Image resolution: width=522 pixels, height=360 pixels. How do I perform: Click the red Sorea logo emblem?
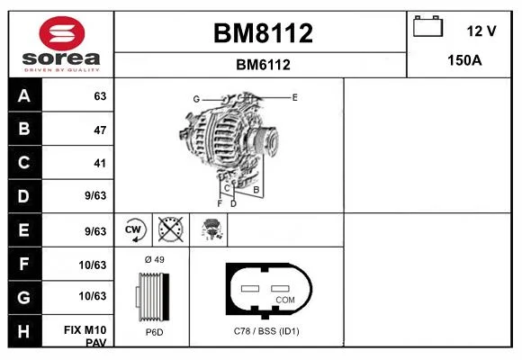click(x=62, y=33)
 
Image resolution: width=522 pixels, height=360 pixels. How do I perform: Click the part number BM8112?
click(x=263, y=33)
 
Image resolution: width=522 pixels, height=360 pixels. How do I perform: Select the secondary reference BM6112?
click(x=263, y=65)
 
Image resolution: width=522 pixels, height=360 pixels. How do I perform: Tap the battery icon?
click(x=427, y=26)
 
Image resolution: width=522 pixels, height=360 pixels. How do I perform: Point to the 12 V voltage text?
click(x=481, y=31)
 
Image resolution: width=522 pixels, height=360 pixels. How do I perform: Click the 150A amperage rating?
click(x=464, y=60)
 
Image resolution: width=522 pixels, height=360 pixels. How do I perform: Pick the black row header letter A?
click(x=24, y=96)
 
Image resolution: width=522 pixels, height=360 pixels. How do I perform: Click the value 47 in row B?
click(x=100, y=130)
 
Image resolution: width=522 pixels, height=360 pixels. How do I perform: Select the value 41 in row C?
click(x=100, y=163)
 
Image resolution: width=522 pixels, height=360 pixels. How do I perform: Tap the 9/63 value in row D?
click(x=95, y=195)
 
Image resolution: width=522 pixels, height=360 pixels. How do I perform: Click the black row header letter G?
click(x=24, y=297)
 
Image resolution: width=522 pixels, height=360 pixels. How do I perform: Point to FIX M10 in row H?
click(x=85, y=330)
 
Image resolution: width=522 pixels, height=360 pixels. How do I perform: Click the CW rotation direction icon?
click(x=133, y=229)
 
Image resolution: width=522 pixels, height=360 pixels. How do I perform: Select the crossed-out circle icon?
click(x=170, y=229)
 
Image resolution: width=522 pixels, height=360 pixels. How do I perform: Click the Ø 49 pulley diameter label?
click(x=155, y=259)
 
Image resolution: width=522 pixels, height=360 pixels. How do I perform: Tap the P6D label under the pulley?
click(x=155, y=332)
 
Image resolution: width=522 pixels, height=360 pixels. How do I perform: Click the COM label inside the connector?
click(x=285, y=300)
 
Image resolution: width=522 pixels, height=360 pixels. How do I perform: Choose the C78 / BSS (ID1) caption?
click(x=266, y=331)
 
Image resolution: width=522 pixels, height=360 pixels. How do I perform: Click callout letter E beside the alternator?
click(x=294, y=97)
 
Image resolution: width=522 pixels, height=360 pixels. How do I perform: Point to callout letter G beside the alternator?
click(x=196, y=99)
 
